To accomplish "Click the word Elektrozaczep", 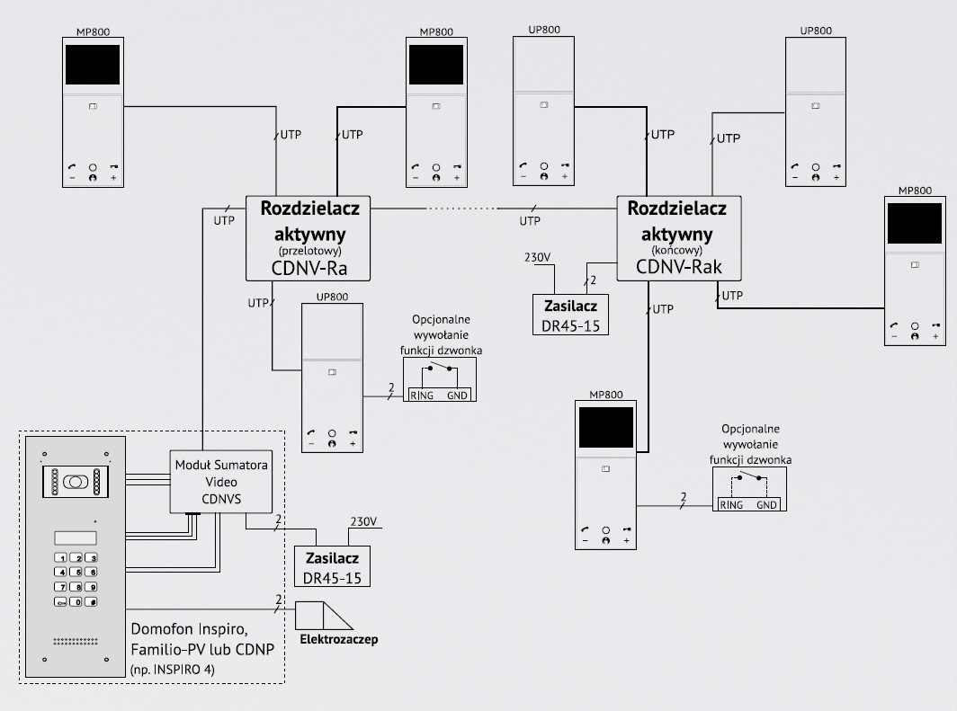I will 339,640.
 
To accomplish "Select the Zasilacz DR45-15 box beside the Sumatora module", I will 333,568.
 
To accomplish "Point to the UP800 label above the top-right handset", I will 816,30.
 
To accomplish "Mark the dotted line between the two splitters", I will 461,209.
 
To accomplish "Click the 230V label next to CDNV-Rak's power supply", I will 538,258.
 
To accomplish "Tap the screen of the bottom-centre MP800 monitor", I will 606,428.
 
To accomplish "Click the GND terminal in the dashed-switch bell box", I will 766,505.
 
